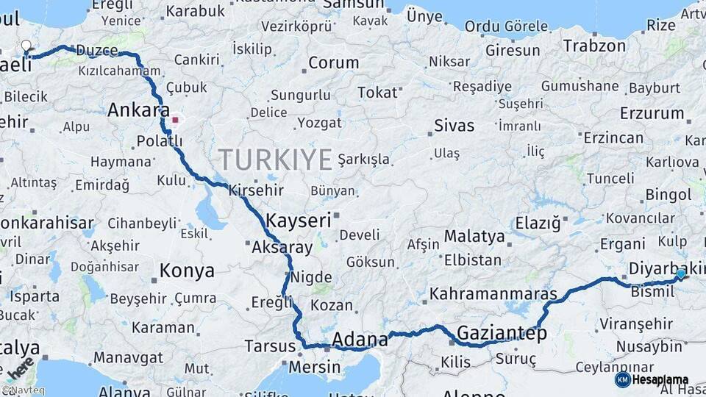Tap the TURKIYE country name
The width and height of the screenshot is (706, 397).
tap(275, 160)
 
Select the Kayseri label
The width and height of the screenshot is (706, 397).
tap(299, 221)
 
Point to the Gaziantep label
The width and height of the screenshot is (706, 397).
tap(502, 334)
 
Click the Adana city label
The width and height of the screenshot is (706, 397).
tap(360, 340)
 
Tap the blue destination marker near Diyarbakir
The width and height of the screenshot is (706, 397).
tap(680, 274)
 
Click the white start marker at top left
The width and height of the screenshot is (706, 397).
tap(26, 46)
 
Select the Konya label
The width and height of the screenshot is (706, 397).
tap(187, 271)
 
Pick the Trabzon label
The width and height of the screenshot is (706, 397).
tap(594, 46)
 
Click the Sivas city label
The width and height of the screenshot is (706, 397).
tap(454, 125)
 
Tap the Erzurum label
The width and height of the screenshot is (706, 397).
tap(652, 113)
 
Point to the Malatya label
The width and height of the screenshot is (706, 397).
tap(474, 237)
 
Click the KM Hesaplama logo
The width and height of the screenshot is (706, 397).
tap(652, 379)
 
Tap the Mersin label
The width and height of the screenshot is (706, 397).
tap(314, 367)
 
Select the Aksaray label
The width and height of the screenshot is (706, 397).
tap(282, 248)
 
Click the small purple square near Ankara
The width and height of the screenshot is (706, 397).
tap(175, 119)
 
